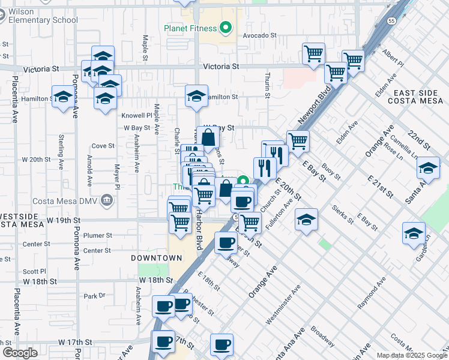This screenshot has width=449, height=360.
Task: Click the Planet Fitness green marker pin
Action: [x=226, y=27]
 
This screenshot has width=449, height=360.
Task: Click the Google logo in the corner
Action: [x=20, y=352]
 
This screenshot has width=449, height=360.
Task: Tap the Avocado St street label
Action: [x=259, y=35]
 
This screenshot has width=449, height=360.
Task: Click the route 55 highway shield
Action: [x=391, y=20]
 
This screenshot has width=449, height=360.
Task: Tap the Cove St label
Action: [x=103, y=146]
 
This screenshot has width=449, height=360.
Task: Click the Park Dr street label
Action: [x=94, y=296]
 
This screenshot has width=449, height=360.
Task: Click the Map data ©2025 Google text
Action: [x=411, y=355]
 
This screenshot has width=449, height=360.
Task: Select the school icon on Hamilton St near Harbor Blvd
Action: [x=196, y=96]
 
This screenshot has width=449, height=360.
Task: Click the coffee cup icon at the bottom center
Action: [x=222, y=344]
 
